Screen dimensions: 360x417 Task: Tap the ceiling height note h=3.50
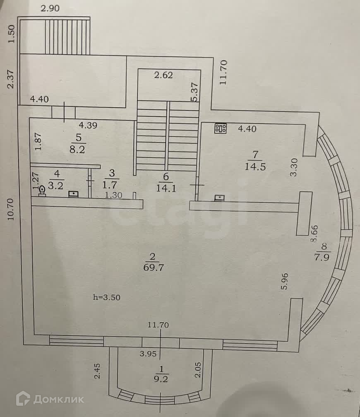click(x=108, y=297)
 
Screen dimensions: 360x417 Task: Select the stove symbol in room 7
click(x=220, y=129)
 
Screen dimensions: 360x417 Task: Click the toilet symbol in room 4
click(x=42, y=190)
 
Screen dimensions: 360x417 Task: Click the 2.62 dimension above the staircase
click(x=163, y=75)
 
